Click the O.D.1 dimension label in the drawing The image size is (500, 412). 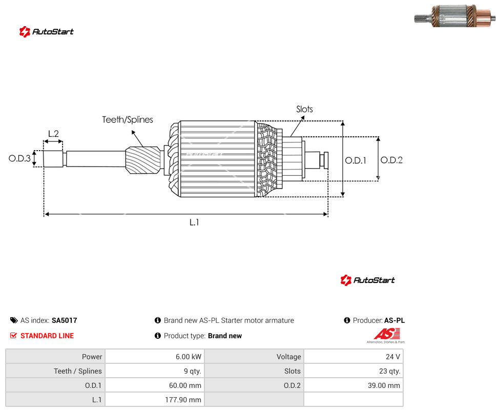(x=356, y=160)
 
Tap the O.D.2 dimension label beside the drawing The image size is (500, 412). (x=391, y=160)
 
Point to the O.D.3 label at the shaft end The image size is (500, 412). (x=19, y=158)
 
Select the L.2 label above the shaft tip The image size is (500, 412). (x=53, y=134)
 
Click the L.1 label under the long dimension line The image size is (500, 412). (x=194, y=222)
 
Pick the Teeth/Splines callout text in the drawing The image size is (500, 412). (x=128, y=119)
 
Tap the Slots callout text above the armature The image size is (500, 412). (x=304, y=109)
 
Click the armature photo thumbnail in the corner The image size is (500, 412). (x=455, y=15)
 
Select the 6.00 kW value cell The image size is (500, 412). (x=155, y=357)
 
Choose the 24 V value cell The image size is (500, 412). (x=353, y=357)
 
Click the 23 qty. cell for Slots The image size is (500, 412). (x=353, y=371)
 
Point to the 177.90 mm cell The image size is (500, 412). (x=155, y=400)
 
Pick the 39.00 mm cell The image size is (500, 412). (x=353, y=385)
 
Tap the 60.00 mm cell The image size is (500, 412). (x=155, y=385)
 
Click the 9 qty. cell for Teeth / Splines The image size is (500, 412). (x=155, y=371)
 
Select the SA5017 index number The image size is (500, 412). (x=65, y=320)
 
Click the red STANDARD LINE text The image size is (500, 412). (x=47, y=336)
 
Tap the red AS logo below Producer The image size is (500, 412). (x=387, y=334)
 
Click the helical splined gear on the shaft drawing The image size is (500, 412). (x=143, y=160)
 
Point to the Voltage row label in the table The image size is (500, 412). (x=288, y=357)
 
